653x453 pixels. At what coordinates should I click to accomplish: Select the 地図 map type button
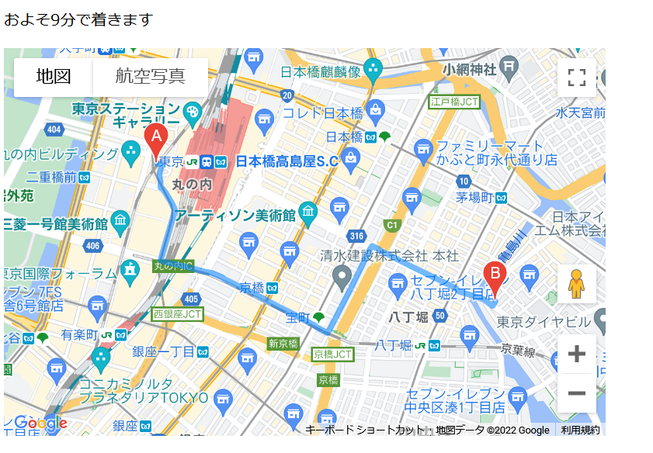click(x=54, y=77)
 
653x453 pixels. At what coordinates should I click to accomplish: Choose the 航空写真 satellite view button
click(x=151, y=77)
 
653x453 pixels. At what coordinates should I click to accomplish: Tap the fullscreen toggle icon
click(x=576, y=77)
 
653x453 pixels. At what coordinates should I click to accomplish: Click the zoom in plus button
click(x=576, y=354)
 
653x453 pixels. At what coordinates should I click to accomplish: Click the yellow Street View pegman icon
click(x=576, y=285)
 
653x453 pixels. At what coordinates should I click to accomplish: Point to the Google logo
click(x=40, y=424)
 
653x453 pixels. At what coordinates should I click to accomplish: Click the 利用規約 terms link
click(x=580, y=431)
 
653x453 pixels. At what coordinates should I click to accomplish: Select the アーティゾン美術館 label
click(x=235, y=215)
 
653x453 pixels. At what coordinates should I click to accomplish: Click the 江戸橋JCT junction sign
click(x=454, y=102)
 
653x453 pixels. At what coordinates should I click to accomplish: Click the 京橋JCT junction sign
click(x=333, y=354)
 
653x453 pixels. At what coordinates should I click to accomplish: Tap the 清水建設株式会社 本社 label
click(x=390, y=256)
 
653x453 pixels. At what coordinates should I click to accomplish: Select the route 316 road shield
click(x=356, y=237)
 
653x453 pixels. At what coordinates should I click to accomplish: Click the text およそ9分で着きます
click(x=78, y=20)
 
